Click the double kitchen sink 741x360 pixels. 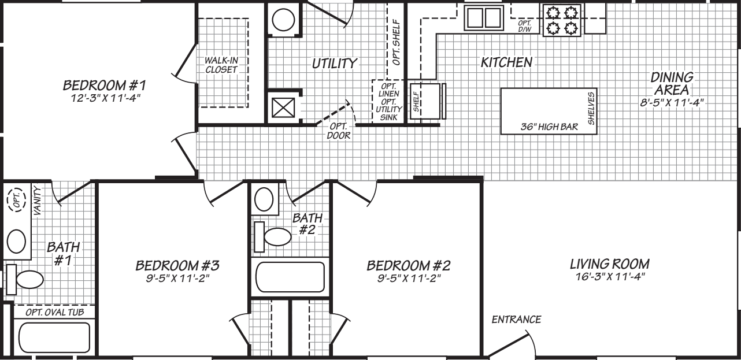pyautogui.click(x=483, y=17)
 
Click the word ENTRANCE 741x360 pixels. pyautogui.click(x=516, y=319)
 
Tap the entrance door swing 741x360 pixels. pyautogui.click(x=514, y=343)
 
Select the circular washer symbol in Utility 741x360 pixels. pyautogui.click(x=284, y=20)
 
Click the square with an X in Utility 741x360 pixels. pyautogui.click(x=283, y=107)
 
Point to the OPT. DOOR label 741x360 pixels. pyautogui.click(x=338, y=132)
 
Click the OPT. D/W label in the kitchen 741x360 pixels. pyautogui.click(x=525, y=25)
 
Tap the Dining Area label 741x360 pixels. pyautogui.click(x=672, y=84)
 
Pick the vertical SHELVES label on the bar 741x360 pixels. pyautogui.click(x=591, y=107)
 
